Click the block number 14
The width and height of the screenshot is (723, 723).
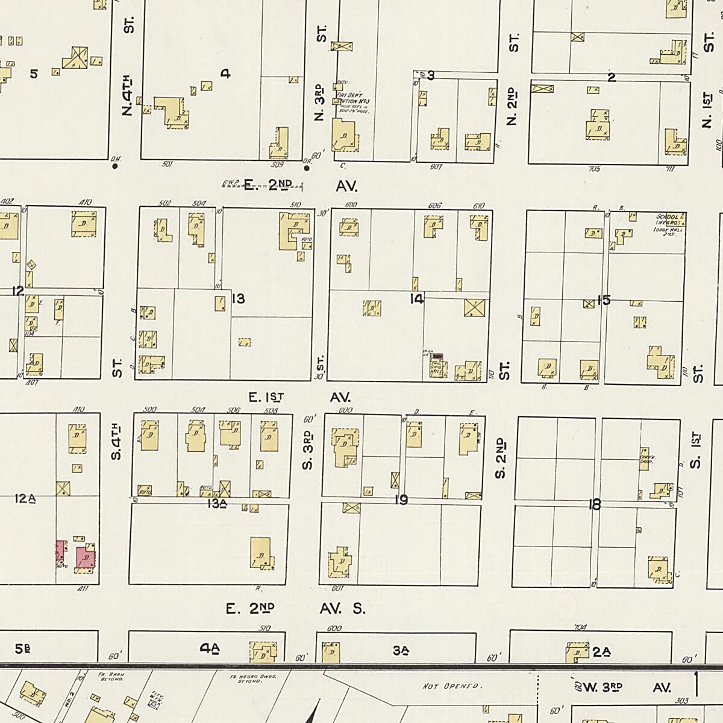416,299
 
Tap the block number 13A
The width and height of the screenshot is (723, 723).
216,504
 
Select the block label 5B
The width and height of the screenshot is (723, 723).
23,649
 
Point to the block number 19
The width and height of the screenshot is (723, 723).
401,499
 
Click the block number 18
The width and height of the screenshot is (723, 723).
595,505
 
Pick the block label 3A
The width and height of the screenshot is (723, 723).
401,650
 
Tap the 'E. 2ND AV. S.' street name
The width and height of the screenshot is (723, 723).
295,609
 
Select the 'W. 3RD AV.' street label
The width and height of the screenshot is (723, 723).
621,687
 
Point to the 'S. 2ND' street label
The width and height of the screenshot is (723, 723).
501,458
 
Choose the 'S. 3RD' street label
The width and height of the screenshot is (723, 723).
308,451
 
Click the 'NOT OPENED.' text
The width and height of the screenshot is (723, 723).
451,686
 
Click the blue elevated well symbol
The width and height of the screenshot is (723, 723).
154,703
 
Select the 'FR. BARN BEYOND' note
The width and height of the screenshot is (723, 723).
114,676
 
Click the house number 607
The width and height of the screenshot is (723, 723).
435,167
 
